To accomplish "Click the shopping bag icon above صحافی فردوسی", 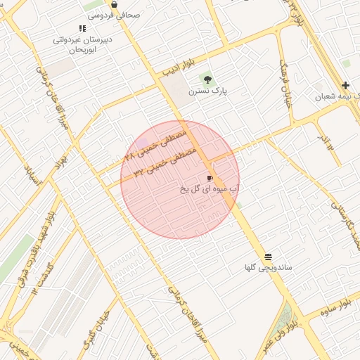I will coord(115,4).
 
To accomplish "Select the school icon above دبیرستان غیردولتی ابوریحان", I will coord(82,29).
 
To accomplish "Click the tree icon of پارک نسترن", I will coord(207,79).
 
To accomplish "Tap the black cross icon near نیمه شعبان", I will coord(345,85).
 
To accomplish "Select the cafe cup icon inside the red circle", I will coord(210,179).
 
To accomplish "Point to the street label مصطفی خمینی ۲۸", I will coord(156,143).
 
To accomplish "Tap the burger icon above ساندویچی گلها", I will coord(268,257).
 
